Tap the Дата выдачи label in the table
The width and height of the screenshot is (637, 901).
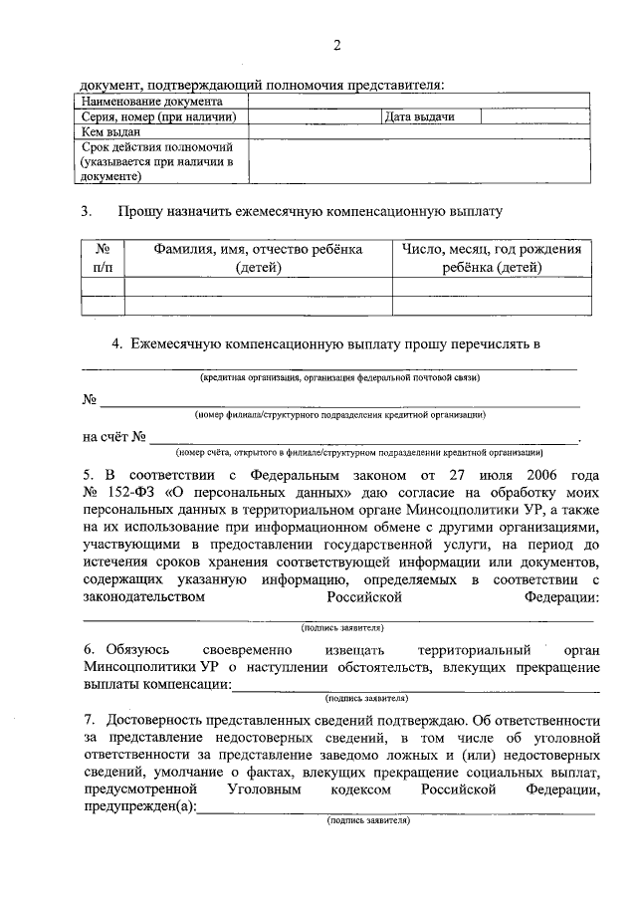tap(419, 116)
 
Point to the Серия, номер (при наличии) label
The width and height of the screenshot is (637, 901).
tap(158, 116)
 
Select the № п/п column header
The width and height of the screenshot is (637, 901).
tap(102, 258)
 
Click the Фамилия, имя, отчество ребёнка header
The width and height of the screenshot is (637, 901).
tap(258, 258)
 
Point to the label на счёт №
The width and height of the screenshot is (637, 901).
tap(115, 436)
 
